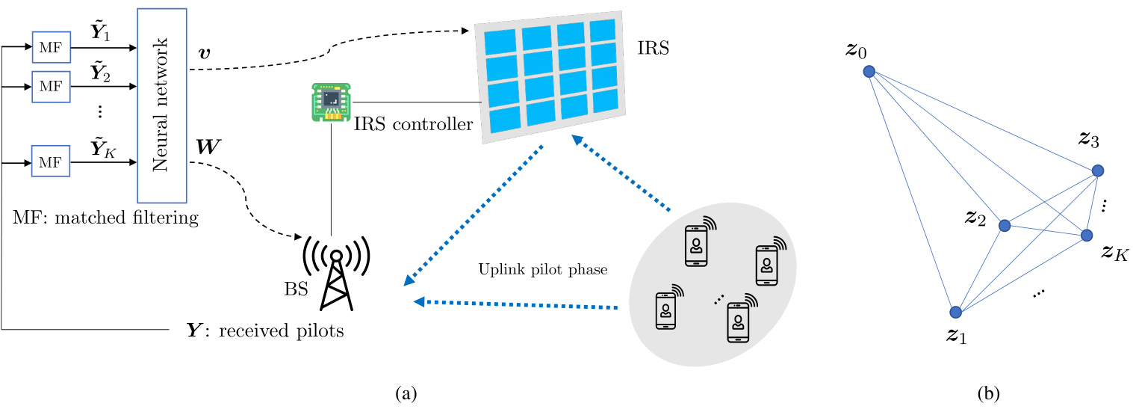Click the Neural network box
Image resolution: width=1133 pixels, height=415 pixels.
pyautogui.click(x=162, y=105)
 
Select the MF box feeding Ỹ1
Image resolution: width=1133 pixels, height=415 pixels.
pyautogui.click(x=51, y=47)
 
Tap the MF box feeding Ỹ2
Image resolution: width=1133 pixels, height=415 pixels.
pyautogui.click(x=51, y=87)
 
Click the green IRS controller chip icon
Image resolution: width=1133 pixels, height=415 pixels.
pyautogui.click(x=332, y=102)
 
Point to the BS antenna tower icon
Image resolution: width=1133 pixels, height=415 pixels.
pyautogui.click(x=336, y=273)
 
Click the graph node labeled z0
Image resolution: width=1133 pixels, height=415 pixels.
pyautogui.click(x=869, y=71)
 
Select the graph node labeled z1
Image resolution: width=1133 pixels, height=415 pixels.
pyautogui.click(x=955, y=313)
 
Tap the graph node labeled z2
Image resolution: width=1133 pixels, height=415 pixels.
pyautogui.click(x=1005, y=225)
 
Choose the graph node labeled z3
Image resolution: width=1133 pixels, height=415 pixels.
pyautogui.click(x=1098, y=170)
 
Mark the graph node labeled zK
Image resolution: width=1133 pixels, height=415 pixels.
pyautogui.click(x=1087, y=236)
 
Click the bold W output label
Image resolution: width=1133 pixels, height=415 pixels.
pyautogui.click(x=208, y=147)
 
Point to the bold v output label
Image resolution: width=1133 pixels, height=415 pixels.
pyautogui.click(x=205, y=52)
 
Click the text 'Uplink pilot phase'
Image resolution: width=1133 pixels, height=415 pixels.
pyautogui.click(x=543, y=269)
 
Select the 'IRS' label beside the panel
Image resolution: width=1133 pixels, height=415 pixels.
pyautogui.click(x=653, y=48)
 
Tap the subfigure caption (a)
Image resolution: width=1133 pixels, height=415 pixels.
pyautogui.click(x=406, y=393)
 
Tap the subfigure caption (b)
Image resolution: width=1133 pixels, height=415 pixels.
pyautogui.click(x=988, y=393)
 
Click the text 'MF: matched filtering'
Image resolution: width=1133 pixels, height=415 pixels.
pyautogui.click(x=106, y=218)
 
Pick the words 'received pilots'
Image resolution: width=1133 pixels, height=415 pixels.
pyautogui.click(x=282, y=331)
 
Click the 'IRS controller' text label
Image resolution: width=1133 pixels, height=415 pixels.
pyautogui.click(x=413, y=124)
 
